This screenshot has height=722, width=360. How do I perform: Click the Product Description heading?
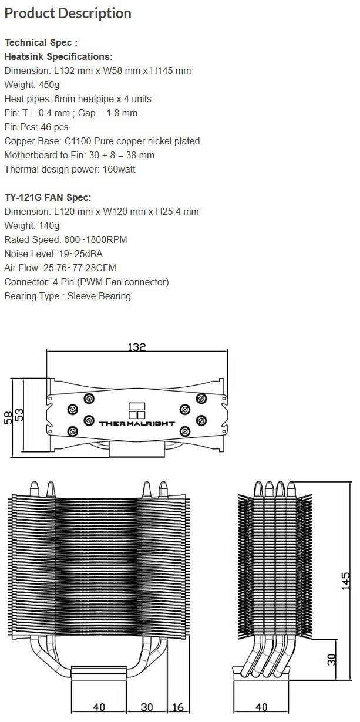point(68,14)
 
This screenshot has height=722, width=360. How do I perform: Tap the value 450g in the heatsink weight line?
point(49,85)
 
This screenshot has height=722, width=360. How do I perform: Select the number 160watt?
point(119,169)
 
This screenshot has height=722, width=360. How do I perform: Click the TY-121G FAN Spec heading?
point(48,197)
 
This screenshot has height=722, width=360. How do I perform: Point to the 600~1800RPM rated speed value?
point(96,240)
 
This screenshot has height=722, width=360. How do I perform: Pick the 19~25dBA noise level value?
point(80,254)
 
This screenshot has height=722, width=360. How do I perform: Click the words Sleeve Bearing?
point(99,296)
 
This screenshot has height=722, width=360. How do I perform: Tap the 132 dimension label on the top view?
point(137,347)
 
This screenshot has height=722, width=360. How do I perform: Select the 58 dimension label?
point(9,417)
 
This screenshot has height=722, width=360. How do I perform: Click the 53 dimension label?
point(19,415)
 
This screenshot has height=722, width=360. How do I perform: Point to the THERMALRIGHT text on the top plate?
point(137,423)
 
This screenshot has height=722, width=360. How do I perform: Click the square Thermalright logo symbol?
point(137,410)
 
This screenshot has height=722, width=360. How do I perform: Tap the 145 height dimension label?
point(345,581)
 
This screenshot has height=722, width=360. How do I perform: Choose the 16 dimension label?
point(178,707)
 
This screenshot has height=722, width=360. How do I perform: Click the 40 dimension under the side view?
point(261,707)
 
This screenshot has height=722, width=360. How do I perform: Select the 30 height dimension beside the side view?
point(332,660)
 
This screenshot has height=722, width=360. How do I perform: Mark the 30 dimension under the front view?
point(147,707)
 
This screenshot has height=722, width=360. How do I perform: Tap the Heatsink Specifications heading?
point(58,57)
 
